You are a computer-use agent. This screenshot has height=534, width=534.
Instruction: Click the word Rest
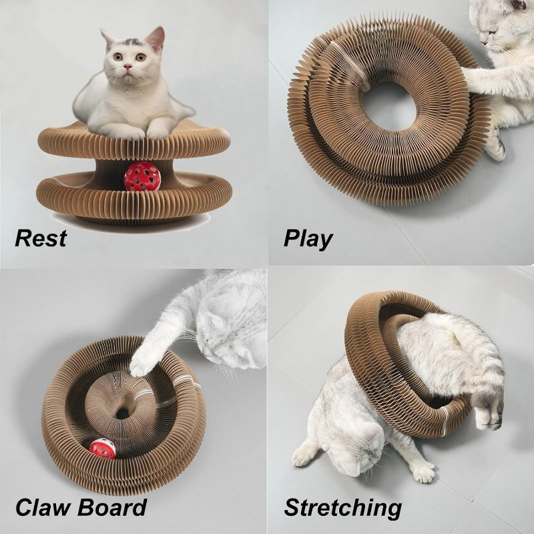41,238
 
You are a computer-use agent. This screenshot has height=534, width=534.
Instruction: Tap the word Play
308,238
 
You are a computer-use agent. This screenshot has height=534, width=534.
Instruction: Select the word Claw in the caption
44,507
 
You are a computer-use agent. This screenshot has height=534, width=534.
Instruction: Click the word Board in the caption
111,507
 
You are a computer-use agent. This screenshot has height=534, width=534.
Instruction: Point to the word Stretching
343,508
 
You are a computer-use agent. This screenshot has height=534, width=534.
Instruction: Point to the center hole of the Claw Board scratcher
123,413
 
